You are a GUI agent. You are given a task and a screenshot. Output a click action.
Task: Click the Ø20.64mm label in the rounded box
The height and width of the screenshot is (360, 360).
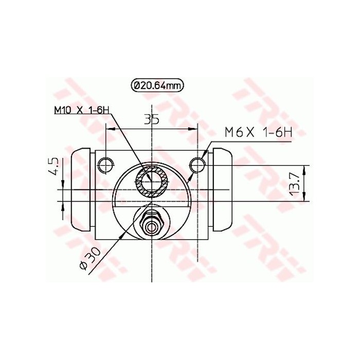[x=158, y=86]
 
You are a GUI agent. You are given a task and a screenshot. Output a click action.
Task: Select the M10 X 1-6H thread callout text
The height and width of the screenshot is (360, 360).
[x=82, y=110]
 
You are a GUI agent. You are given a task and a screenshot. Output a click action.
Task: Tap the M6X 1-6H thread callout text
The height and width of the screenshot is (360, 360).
[x=258, y=132]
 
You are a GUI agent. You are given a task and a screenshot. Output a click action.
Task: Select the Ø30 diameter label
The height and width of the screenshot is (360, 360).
[x=86, y=260]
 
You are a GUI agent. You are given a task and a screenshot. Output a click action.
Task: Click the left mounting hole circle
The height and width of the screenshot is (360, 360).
[x=105, y=165]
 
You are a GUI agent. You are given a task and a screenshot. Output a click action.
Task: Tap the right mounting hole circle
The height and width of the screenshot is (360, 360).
[x=198, y=165]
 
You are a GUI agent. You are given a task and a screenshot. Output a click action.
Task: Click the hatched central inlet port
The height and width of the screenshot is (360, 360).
[x=152, y=182]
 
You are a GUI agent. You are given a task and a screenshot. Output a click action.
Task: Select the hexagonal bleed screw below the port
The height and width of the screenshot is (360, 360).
[x=152, y=222]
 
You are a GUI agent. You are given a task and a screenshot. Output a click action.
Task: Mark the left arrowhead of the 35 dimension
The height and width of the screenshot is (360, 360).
[x=109, y=126]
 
